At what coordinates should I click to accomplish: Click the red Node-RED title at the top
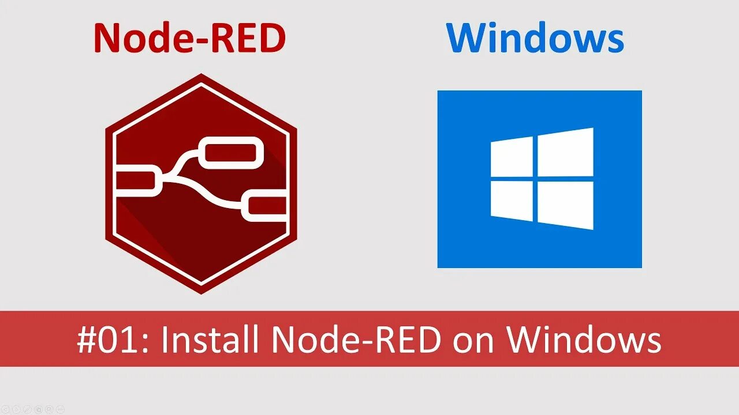click(189, 39)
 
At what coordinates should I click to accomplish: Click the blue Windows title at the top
click(535, 39)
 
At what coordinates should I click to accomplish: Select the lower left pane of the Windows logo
click(512, 201)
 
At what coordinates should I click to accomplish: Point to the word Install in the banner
click(209, 340)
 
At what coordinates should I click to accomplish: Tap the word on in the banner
click(473, 340)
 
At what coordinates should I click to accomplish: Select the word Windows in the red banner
click(584, 340)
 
